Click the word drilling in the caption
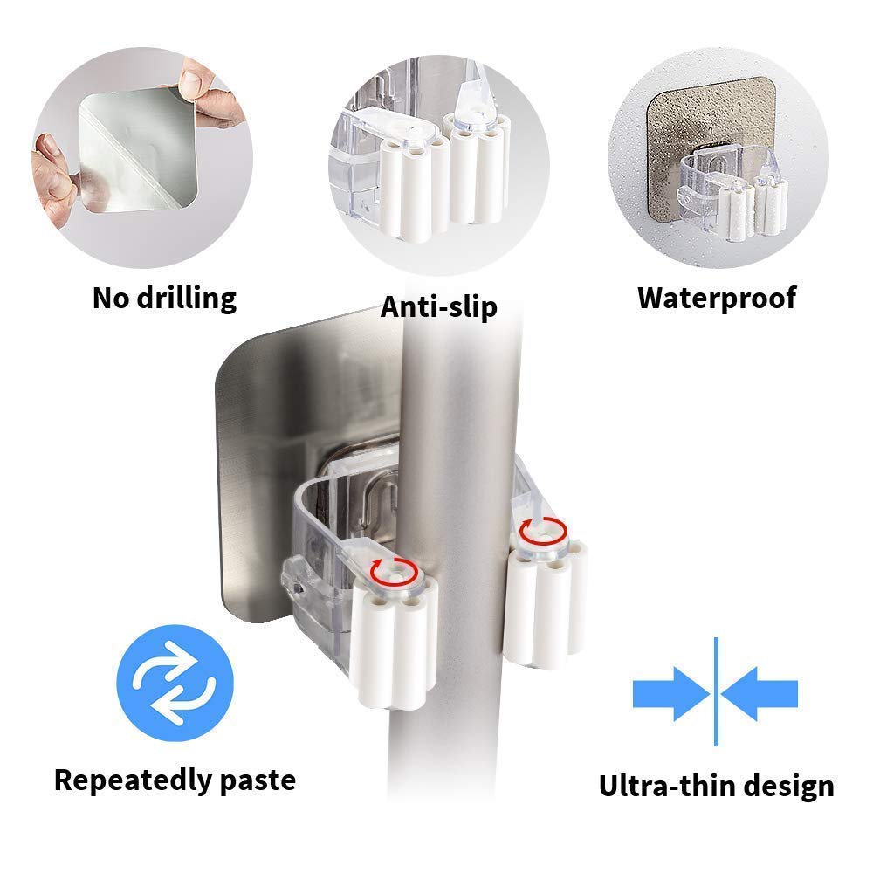click(187, 299)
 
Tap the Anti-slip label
click(439, 306)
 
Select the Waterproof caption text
click(717, 299)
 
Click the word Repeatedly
click(132, 781)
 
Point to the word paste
click(258, 781)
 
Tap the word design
click(789, 787)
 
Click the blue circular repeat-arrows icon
click(175, 684)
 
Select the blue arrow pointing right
click(670, 694)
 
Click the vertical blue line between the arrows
click(716, 691)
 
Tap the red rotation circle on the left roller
click(395, 572)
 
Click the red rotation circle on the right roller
click(543, 532)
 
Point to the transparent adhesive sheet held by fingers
click(138, 150)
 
